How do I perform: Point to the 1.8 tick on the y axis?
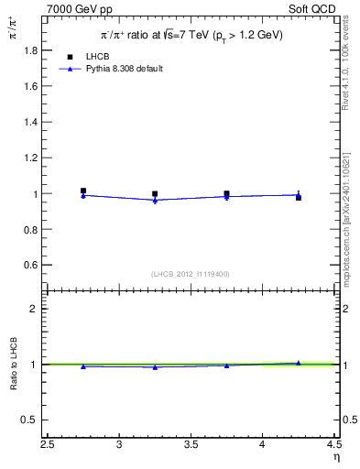32,51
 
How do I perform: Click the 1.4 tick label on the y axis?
32,123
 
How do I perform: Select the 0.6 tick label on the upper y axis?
32,265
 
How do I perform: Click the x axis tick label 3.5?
191,446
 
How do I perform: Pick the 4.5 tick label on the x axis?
333,446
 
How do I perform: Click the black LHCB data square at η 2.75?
83,191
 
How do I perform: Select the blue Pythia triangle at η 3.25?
155,200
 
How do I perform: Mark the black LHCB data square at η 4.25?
298,197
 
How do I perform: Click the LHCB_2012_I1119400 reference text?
191,274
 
